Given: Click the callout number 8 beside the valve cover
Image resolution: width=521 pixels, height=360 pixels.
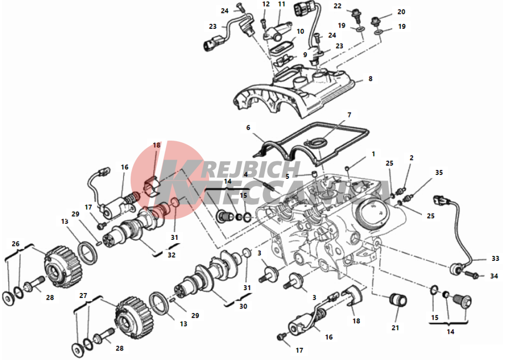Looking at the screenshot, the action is coord(370,79).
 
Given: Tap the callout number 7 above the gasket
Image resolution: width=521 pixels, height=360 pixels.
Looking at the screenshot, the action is coord(349,115).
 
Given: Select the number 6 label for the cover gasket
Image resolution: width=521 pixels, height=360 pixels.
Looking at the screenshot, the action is coord(248,127).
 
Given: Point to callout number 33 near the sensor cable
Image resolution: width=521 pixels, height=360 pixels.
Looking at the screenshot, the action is coord(496,258).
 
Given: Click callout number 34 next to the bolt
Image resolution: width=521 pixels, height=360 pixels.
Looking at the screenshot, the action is coord(494,276).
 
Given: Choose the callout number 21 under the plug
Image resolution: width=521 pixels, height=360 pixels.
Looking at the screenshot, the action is coord(395,328).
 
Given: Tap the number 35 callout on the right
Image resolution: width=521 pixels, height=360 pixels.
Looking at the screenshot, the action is coord(439,172).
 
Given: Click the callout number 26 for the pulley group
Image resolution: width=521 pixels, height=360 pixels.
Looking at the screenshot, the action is coord(16,244).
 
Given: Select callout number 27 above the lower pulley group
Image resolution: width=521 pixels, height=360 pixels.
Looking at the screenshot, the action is coord(83,296).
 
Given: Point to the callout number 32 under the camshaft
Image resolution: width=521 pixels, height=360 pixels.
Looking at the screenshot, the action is coord(172,255).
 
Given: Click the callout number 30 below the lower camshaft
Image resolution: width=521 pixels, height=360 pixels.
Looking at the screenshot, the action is coord(243,306).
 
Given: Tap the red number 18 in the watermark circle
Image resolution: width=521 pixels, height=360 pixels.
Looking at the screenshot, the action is coord(157,145).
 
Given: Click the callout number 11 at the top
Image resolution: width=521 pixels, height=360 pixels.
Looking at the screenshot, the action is coord(282,4).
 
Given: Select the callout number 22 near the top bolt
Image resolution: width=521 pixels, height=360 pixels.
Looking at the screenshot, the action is coord(338,6).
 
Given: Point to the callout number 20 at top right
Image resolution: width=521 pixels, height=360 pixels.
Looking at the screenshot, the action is coord(401,12).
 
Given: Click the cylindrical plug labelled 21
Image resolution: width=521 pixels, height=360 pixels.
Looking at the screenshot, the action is coord(398,301).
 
